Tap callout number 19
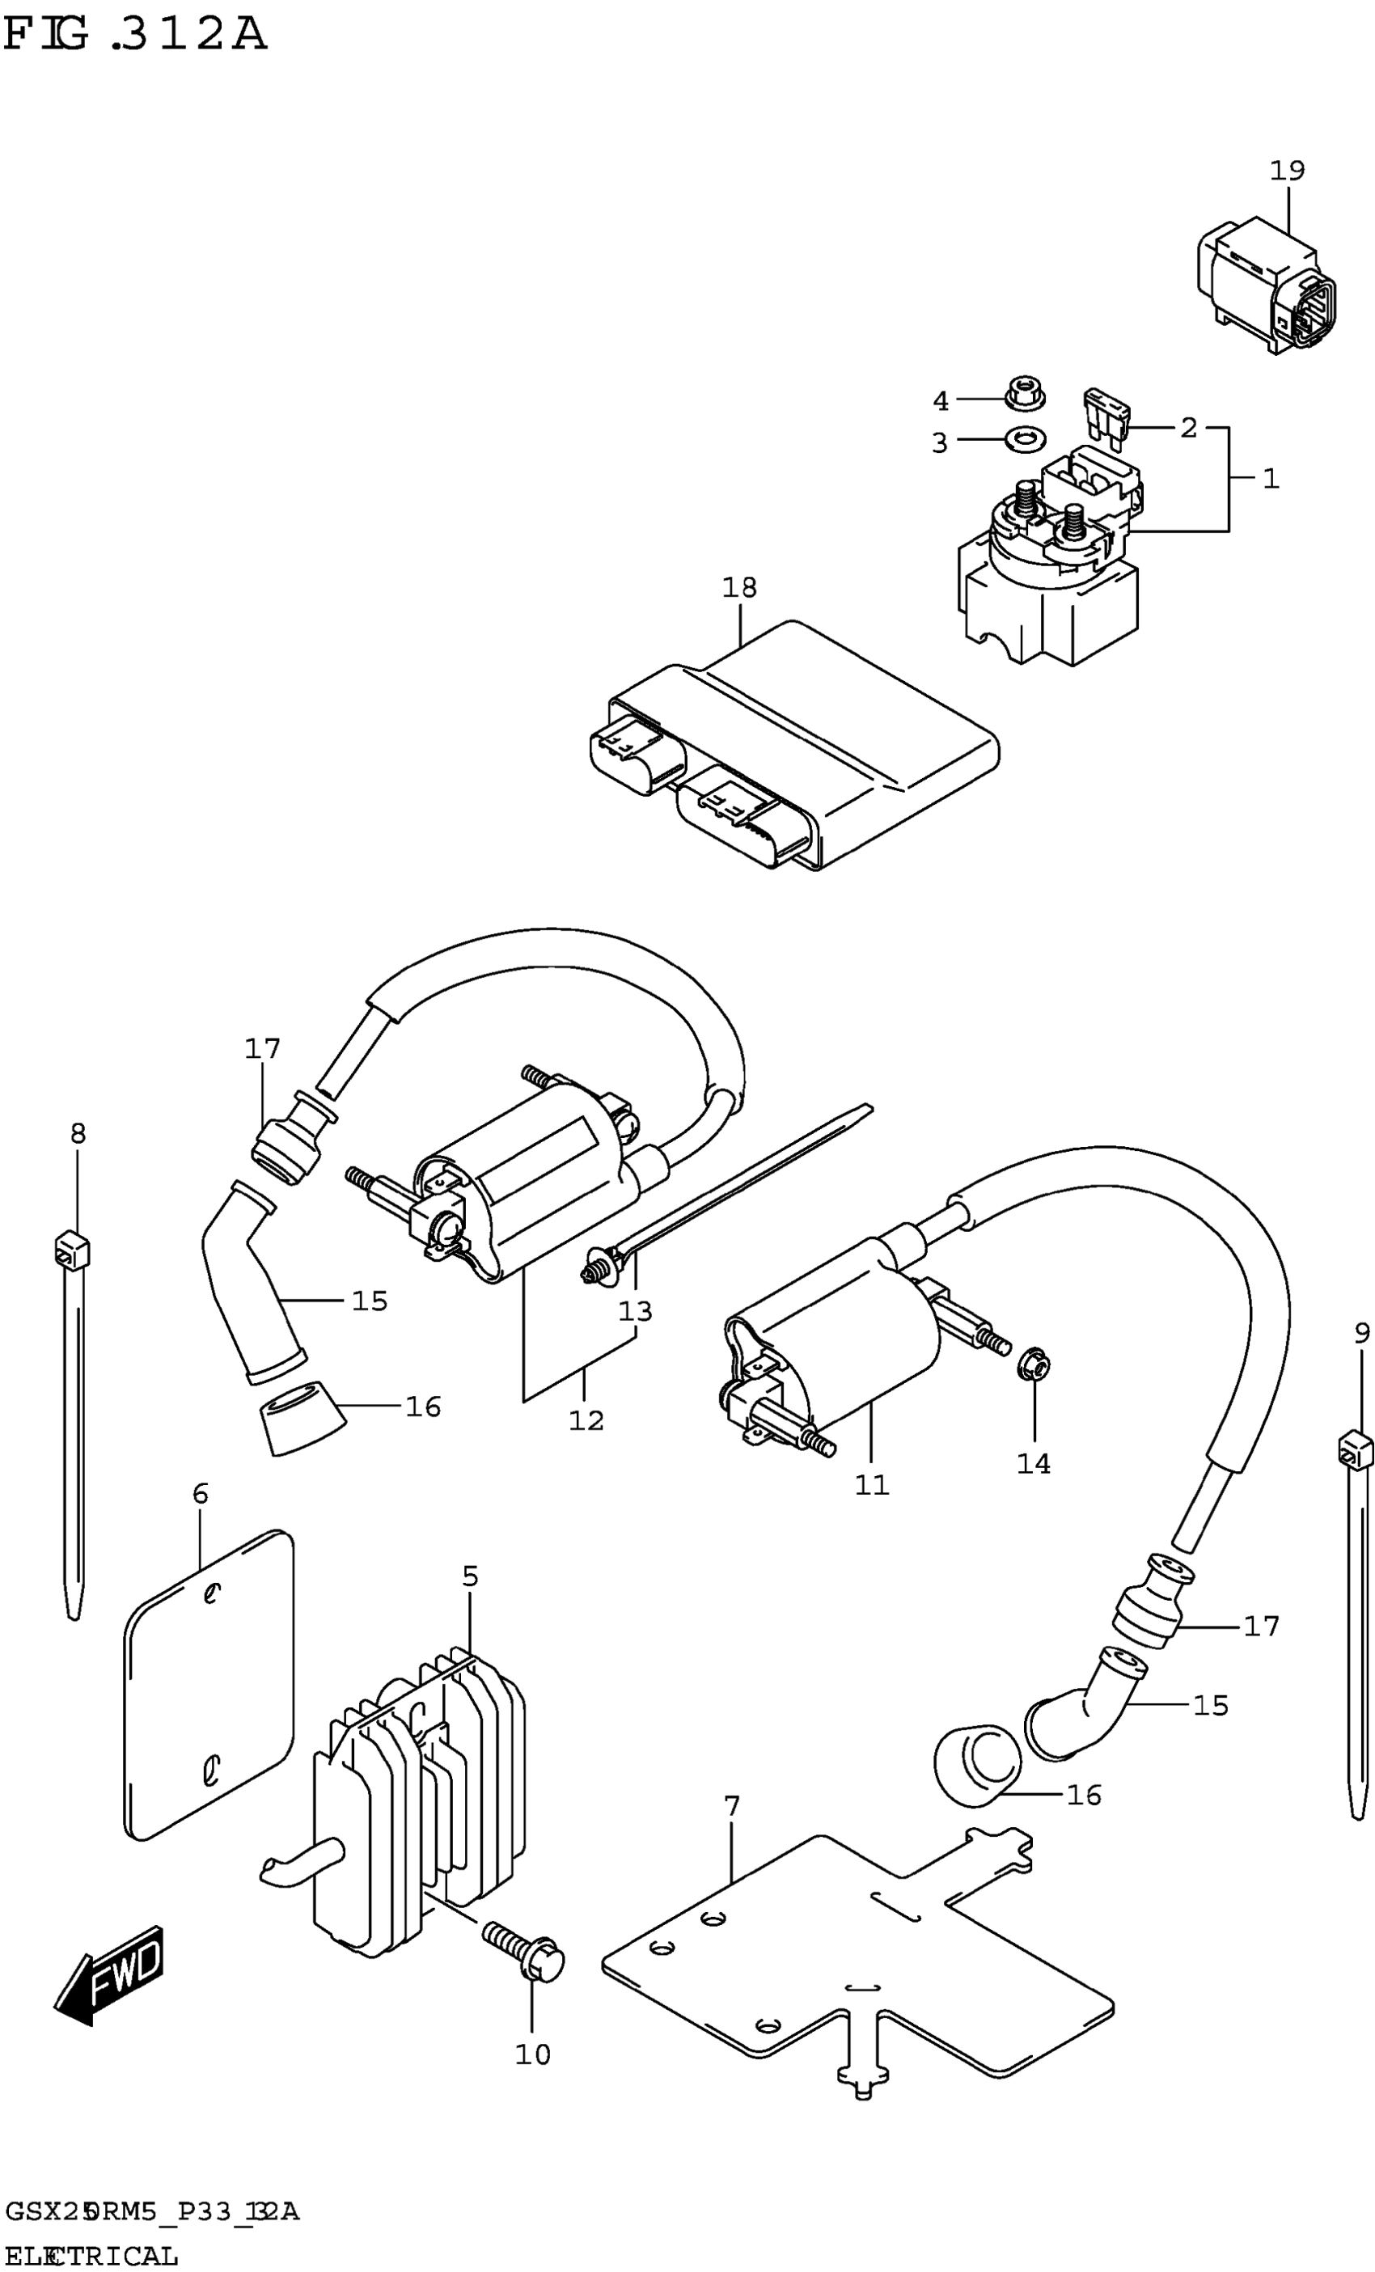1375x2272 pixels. coord(1287,171)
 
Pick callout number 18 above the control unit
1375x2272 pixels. coord(739,587)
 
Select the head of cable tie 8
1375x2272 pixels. coord(73,1251)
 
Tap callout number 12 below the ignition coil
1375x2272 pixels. coord(586,1421)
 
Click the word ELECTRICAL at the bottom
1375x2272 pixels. coord(91,2257)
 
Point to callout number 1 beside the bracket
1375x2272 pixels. coord(1271,479)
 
